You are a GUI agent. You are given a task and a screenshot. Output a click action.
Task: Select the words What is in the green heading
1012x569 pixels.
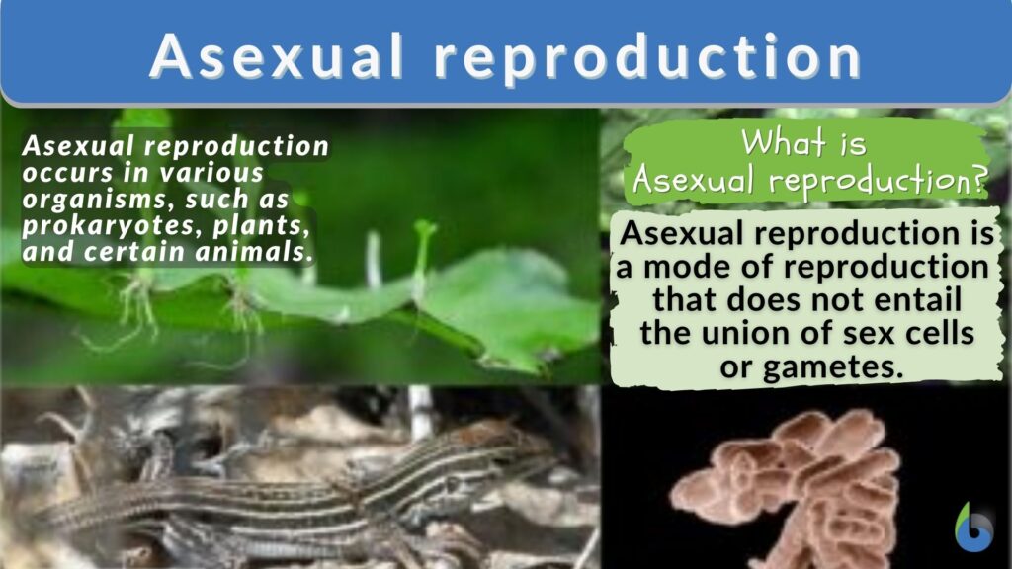point(805,143)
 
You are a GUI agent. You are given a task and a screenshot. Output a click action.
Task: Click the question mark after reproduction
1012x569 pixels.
point(977,182)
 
